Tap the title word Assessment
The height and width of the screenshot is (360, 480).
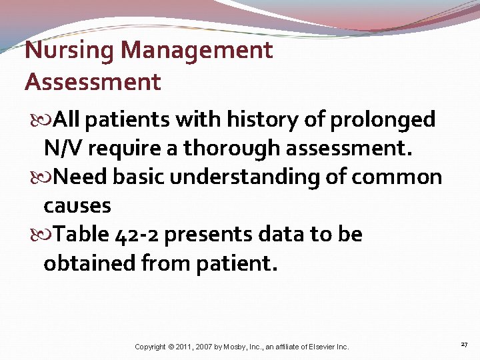coord(93,82)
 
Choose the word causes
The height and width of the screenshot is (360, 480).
coord(77,206)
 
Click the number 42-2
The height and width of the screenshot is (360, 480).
coord(139,235)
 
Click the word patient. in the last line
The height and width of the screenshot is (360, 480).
coord(236,263)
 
